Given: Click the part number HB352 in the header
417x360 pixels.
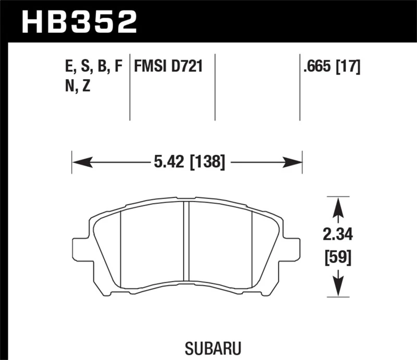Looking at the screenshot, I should (79, 22).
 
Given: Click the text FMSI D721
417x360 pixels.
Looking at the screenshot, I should (168, 67).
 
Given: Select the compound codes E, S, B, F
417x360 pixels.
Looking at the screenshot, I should (92, 67).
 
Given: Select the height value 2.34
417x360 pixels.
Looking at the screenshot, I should (338, 235).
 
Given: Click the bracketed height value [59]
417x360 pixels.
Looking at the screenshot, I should (338, 257).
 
